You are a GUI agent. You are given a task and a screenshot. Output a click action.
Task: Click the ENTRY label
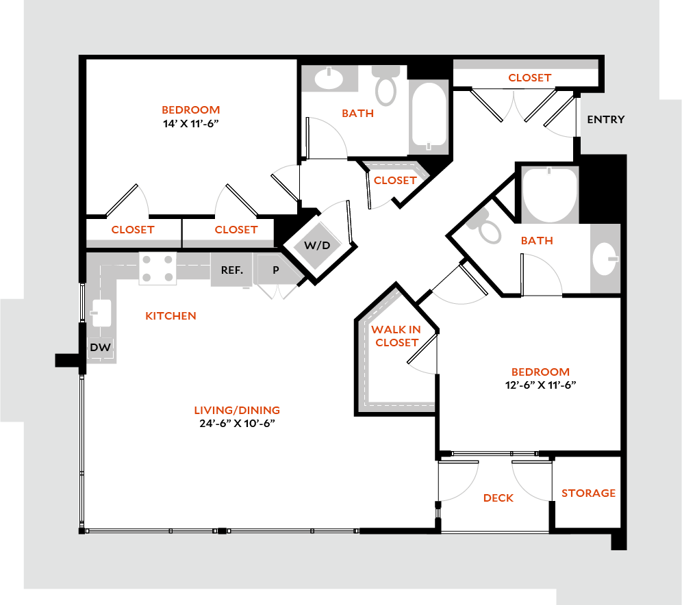pos(605,120)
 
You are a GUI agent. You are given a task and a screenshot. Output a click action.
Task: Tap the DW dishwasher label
pos(100,348)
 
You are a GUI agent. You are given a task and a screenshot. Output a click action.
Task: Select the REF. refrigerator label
pos(232,270)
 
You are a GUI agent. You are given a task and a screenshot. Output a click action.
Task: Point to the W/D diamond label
pos(317,246)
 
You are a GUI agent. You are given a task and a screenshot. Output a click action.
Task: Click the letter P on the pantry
pos(276,270)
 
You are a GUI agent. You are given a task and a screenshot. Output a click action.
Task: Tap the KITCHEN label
pos(171,316)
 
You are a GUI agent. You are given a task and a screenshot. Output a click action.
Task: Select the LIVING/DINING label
pos(237,411)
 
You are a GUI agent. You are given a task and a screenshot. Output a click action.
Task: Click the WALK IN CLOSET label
pos(396,336)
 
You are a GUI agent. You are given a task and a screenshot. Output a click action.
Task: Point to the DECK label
pos(498,498)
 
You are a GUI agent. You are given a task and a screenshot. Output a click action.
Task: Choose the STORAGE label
pos(588,493)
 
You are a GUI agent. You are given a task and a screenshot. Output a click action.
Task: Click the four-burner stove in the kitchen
pos(157,268)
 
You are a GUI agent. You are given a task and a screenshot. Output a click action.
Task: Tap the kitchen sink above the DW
pos(101,313)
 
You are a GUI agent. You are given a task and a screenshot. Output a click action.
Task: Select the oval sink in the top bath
pos(329,79)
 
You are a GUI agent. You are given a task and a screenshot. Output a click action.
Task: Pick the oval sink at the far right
pos(605,259)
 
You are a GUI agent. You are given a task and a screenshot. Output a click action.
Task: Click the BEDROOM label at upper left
pos(190,110)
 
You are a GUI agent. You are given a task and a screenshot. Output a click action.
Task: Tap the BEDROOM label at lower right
pos(540,372)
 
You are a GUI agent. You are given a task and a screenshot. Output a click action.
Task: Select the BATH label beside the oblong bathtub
pos(357,113)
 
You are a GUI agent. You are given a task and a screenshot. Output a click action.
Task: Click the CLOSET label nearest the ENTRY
pos(529,81)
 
